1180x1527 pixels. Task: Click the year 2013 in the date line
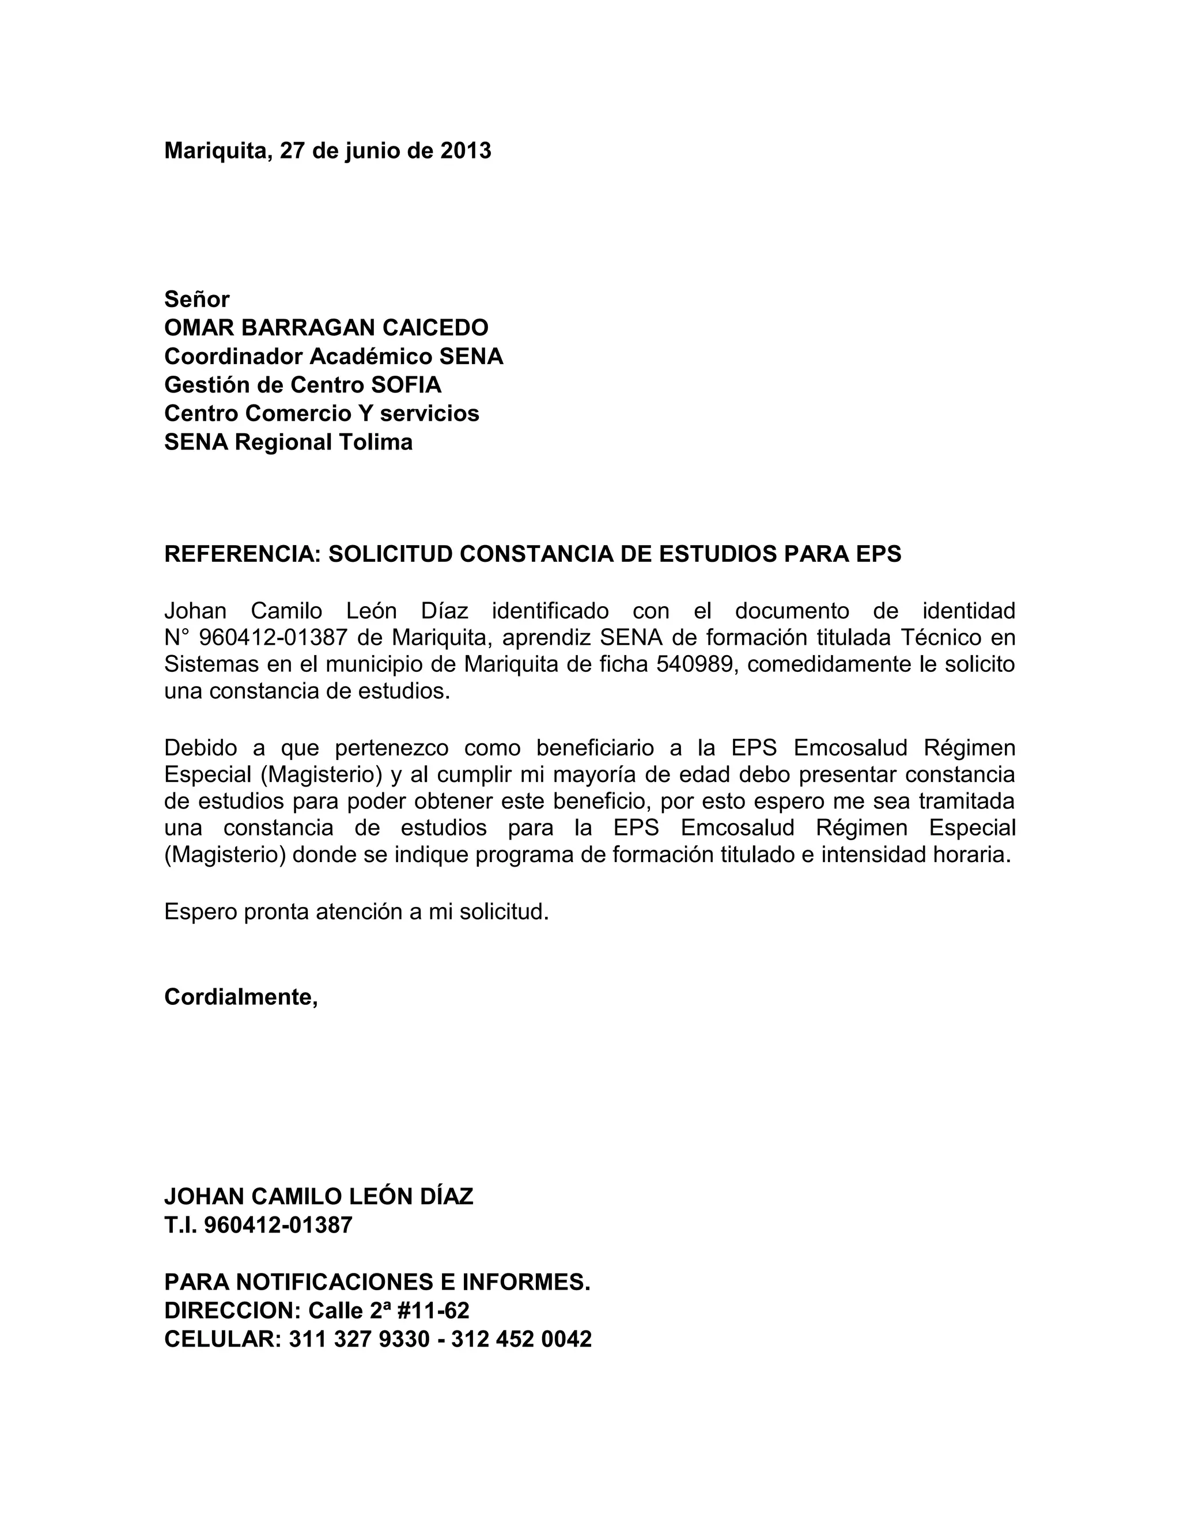pos(466,151)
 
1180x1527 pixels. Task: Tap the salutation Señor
pos(196,299)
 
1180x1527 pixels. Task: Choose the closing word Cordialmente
pos(240,997)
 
